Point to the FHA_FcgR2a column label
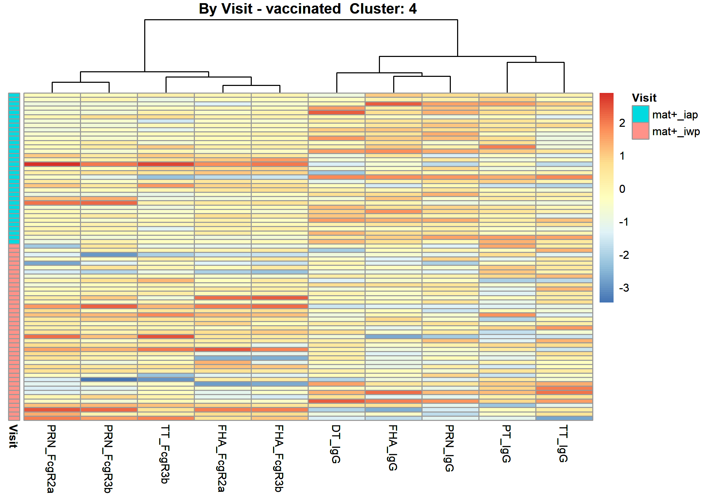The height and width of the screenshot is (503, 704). click(222, 458)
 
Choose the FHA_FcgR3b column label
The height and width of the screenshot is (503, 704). click(279, 458)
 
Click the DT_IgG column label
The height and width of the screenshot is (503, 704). click(336, 444)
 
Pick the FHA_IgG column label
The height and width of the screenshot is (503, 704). click(393, 448)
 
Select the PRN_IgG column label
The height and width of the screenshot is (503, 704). click(449, 448)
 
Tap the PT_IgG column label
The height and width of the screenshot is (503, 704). click(506, 444)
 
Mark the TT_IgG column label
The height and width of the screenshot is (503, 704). click(563, 444)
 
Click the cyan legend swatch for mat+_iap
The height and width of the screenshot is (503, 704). click(640, 114)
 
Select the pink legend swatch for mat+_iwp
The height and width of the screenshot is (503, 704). click(640, 131)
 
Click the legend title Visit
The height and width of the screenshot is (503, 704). click(644, 98)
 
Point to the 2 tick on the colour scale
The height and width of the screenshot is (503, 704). click(622, 123)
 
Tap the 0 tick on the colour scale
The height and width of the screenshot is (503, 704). click(622, 189)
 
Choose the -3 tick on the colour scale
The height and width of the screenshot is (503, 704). click(624, 288)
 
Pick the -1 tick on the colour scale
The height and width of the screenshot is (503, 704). click(624, 222)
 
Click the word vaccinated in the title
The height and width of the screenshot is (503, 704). click(303, 9)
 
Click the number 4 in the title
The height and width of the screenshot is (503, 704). click(413, 9)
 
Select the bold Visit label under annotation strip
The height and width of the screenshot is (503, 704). click(13, 436)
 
